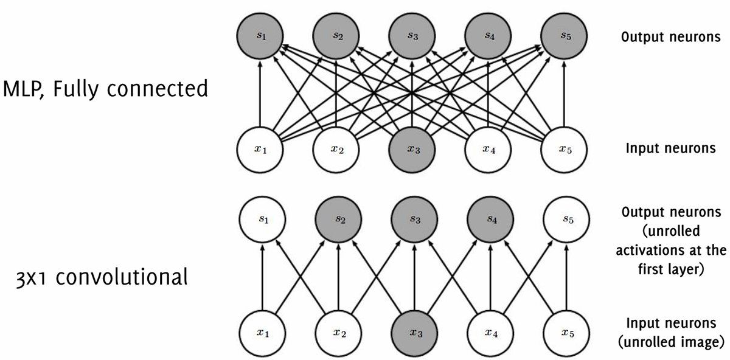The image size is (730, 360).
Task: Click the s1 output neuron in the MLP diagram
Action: pos(260,36)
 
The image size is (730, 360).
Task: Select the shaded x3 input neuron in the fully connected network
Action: pos(412,150)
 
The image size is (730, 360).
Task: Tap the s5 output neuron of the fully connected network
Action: pos(565,36)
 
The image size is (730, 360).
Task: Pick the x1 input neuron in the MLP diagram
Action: pos(260,150)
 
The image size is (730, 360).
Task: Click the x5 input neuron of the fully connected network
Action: pos(565,150)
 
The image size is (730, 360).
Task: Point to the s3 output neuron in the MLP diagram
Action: pos(412,36)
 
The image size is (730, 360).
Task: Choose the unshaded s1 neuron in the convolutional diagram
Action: pos(260,219)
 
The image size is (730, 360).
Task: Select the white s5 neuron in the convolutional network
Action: pos(565,219)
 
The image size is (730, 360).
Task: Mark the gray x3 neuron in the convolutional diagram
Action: pos(412,332)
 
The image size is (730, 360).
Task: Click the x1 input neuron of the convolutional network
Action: pos(260,332)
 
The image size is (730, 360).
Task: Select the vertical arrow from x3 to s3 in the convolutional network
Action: pos(412,277)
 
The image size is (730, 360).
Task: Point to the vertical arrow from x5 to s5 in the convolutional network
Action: pos(565,277)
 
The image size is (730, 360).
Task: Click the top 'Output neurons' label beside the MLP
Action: pos(671,37)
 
